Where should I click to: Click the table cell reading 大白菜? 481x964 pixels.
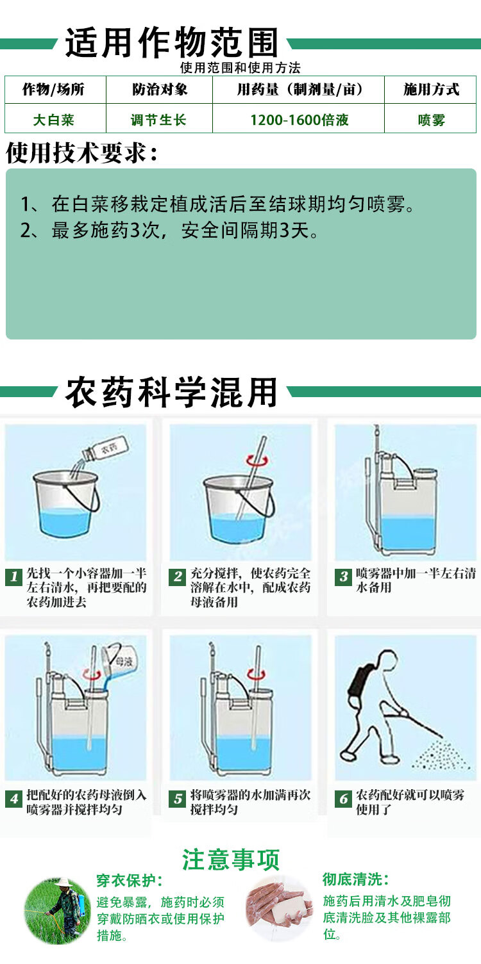(x=53, y=120)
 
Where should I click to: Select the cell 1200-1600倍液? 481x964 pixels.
(x=299, y=120)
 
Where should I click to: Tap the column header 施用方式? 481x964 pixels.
(x=431, y=89)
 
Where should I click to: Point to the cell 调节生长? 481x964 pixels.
(x=158, y=120)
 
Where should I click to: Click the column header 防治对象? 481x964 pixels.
(x=159, y=89)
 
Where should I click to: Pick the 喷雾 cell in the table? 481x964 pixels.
(x=431, y=120)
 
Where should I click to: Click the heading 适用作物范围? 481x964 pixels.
(x=171, y=43)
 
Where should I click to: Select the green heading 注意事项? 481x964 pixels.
(x=231, y=860)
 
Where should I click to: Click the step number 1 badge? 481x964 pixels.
(x=14, y=576)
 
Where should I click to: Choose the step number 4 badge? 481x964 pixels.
(x=14, y=799)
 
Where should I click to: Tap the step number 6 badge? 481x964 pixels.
(x=344, y=799)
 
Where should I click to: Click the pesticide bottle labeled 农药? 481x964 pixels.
(x=106, y=450)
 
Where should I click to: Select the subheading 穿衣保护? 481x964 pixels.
(x=130, y=881)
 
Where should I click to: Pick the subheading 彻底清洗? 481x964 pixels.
(x=355, y=879)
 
